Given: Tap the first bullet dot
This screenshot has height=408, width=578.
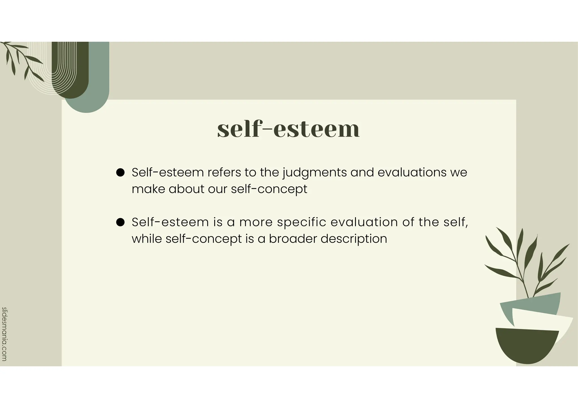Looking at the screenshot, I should (121, 173).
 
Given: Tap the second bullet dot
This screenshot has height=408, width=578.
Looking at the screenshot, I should (121, 222).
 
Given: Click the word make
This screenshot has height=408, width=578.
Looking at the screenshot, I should (148, 189).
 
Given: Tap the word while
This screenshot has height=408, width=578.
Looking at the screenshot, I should (147, 239).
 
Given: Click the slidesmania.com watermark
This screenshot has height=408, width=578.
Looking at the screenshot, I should (4, 334).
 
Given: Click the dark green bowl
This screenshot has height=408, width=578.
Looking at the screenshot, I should (526, 347).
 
